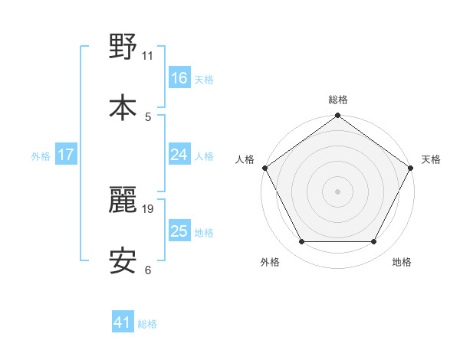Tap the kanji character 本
tap(123, 106)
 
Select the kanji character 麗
tap(123, 199)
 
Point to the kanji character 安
tap(123, 260)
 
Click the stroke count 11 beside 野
tap(148, 55)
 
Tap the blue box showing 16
tap(179, 78)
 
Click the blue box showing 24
tap(179, 155)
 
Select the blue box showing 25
tap(179, 231)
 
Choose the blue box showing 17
tap(66, 155)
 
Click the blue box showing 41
tap(123, 322)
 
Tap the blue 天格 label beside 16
tap(204, 79)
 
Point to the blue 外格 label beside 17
tap(41, 155)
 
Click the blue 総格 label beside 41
tap(147, 323)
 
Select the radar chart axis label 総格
tap(338, 100)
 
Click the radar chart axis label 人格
tap(245, 159)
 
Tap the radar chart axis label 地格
tap(402, 262)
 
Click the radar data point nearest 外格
tap(301, 242)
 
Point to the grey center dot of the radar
tap(338, 191)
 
